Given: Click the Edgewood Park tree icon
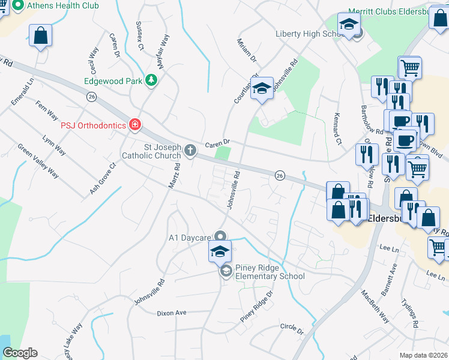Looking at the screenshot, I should point(152,80).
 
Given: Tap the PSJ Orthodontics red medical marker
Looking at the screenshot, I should point(136,125).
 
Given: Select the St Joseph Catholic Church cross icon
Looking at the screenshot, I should point(191,150).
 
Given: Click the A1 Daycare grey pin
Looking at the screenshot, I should point(220,236).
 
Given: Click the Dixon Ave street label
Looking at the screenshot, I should point(172,313).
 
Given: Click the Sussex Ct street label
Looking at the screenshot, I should point(140,35).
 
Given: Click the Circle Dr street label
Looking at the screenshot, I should point(292,329).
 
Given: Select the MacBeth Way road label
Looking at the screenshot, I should point(375,307).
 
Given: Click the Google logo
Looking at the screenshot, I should point(20,353).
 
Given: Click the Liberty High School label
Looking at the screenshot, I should point(309,34).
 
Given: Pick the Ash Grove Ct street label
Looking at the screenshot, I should point(103,178).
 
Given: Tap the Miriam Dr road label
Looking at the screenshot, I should point(247,51).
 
